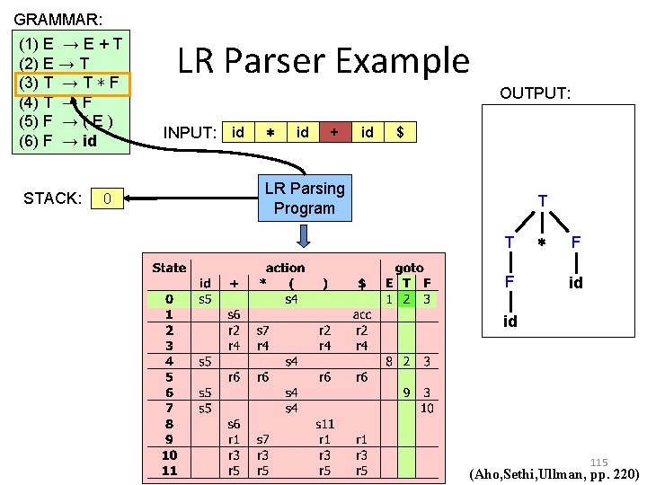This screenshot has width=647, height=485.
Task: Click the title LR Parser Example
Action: click(x=323, y=61)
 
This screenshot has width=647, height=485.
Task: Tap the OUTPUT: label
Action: click(x=536, y=94)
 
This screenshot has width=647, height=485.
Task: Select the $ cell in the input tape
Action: click(x=400, y=133)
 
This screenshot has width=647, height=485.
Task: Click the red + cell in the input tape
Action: click(x=334, y=133)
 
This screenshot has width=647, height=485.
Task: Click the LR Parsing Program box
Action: click(x=305, y=198)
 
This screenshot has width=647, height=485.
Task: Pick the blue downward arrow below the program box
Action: click(x=305, y=235)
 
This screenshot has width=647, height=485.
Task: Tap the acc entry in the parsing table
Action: click(x=361, y=314)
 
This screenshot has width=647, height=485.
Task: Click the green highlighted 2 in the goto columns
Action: click(x=406, y=298)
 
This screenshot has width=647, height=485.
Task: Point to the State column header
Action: click(x=169, y=267)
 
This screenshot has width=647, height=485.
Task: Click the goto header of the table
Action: click(x=410, y=267)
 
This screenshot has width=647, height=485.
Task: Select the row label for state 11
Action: click(x=169, y=471)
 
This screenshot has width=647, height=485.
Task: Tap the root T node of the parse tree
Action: click(x=542, y=200)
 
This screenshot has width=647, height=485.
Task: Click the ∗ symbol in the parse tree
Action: click(x=541, y=243)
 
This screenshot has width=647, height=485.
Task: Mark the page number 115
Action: click(x=599, y=463)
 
